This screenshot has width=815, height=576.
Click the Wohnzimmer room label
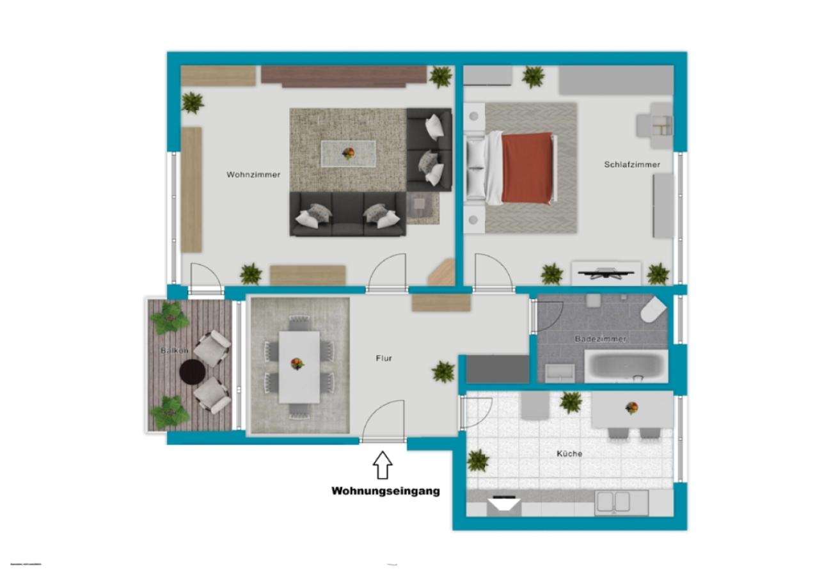(253, 174)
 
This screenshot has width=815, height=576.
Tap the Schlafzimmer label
(632, 164)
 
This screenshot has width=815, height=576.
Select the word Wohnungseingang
(385, 491)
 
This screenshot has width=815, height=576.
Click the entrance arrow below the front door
(383, 465)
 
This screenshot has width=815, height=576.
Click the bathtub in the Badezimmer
(626, 366)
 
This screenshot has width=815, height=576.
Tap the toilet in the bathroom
(653, 310)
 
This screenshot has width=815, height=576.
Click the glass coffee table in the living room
(348, 154)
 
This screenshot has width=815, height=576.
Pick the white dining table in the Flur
(299, 366)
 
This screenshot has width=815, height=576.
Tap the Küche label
(569, 453)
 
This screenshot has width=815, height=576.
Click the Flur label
(384, 358)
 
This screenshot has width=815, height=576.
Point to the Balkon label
(174, 351)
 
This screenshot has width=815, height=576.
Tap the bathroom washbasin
(560, 372)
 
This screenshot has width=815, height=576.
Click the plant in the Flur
(443, 371)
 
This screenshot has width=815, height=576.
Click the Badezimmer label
(600, 339)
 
